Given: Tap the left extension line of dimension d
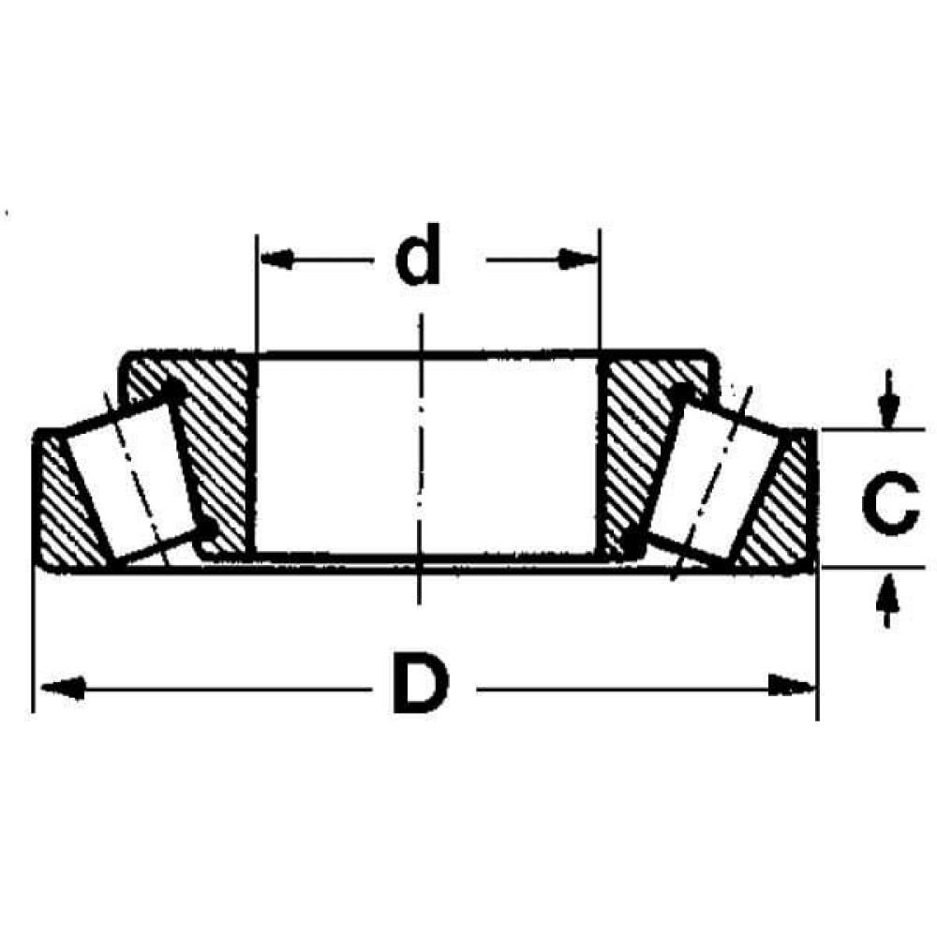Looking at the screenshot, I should [x=256, y=290].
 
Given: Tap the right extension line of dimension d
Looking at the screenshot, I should [x=599, y=290].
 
